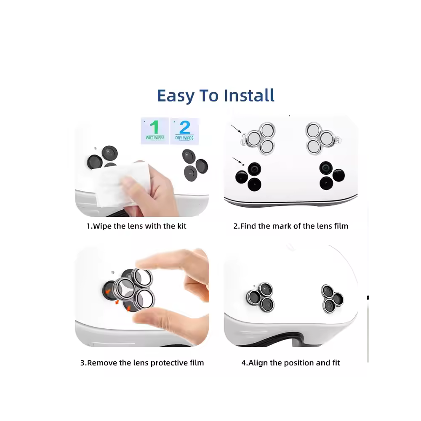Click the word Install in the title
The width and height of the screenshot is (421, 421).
coord(249,95)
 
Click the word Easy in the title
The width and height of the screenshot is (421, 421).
coord(176,96)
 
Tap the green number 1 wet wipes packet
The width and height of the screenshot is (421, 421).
coord(155,131)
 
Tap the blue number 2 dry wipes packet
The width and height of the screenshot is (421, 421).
coord(185,131)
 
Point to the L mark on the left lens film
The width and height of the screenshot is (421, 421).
coord(243,142)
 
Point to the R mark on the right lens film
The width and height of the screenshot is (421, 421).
coord(338,140)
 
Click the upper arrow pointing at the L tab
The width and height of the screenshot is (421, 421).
coord(236,129)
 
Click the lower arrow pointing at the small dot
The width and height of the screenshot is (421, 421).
coord(237,160)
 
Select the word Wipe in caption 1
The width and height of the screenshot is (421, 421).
coord(102,226)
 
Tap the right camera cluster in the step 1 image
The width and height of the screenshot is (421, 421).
coord(195,165)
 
